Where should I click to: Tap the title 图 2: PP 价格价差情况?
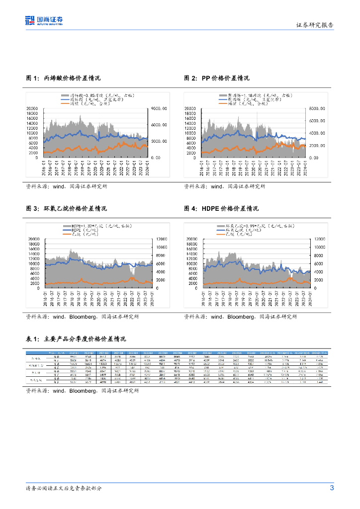tap(217, 79)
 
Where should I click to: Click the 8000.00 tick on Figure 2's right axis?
tap(316, 108)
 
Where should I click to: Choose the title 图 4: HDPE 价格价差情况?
tap(221, 209)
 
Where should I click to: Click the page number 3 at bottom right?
tap(332, 488)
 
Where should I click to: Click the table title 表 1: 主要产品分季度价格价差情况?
tap(76, 339)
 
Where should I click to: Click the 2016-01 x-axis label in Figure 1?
tap(44, 167)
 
